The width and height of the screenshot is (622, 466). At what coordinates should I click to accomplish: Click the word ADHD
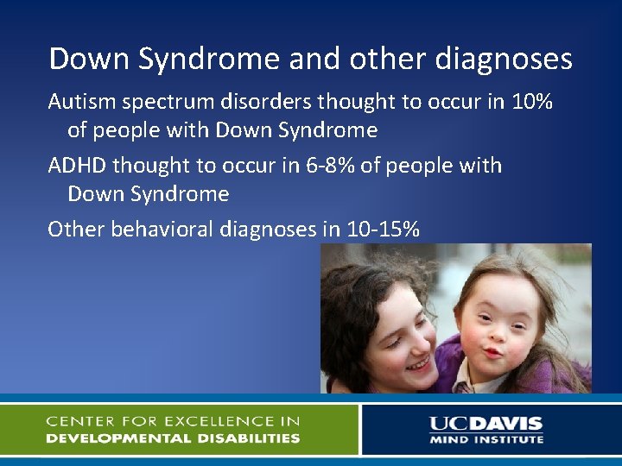[77, 165]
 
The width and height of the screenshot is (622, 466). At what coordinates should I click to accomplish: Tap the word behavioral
[156, 229]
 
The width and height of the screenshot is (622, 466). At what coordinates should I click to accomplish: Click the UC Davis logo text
[486, 424]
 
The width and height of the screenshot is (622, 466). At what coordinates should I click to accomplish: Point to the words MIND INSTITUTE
[486, 439]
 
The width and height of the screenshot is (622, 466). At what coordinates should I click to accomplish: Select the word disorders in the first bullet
[261, 102]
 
